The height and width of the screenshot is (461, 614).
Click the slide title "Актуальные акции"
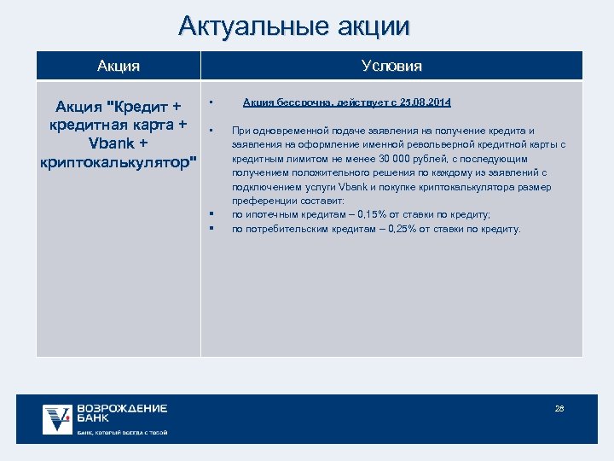[294, 26]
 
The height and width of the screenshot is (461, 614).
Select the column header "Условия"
[391, 66]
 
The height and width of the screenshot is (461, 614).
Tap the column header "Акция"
[119, 66]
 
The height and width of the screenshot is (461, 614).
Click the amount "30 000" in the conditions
[403, 159]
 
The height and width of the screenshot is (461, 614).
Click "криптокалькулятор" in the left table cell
[119, 161]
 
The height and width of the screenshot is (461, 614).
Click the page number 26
[559, 409]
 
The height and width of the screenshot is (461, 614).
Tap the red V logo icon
[58, 418]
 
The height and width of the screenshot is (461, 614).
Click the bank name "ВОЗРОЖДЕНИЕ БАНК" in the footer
[121, 413]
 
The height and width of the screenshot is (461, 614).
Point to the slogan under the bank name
[121, 433]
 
